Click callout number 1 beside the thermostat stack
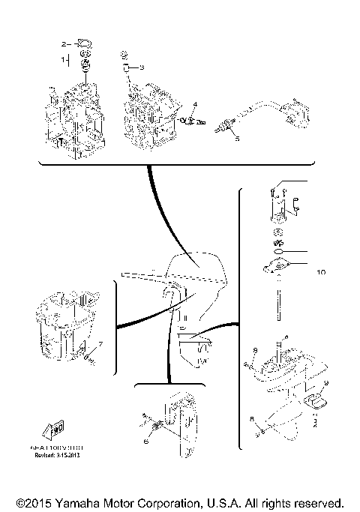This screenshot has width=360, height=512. pyautogui.click(x=64, y=57)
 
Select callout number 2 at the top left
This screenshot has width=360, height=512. pyautogui.click(x=64, y=43)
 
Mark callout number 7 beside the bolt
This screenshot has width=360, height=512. pyautogui.click(x=101, y=344)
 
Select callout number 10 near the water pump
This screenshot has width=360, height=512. pyautogui.click(x=321, y=272)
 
